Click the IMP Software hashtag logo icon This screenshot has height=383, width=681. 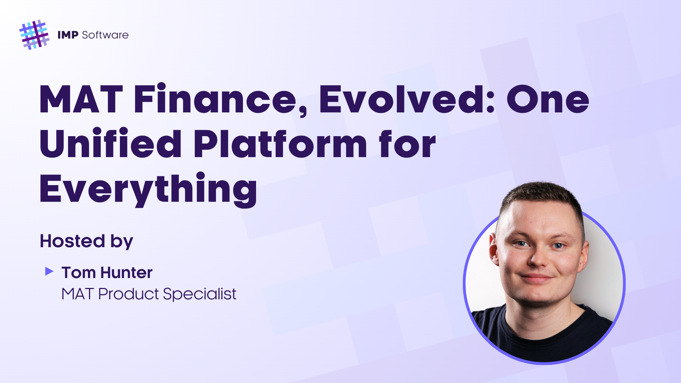(34, 35)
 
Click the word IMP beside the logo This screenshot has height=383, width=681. (68, 35)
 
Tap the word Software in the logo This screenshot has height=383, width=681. (105, 35)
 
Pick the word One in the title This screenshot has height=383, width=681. (548, 100)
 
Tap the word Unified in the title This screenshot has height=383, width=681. (111, 143)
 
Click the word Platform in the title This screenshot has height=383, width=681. (280, 143)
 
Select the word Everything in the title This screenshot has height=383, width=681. (149, 189)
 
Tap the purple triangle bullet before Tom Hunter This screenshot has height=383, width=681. (49, 272)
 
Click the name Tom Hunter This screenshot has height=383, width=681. (107, 273)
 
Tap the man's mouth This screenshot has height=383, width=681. (537, 277)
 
